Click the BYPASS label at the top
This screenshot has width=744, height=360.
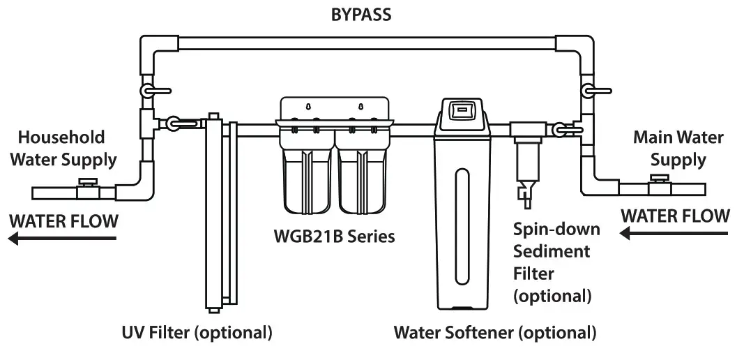360,14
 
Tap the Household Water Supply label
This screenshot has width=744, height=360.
67,148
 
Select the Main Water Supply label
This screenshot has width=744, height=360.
678,148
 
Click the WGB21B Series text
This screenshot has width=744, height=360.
333,237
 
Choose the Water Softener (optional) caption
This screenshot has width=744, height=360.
495,332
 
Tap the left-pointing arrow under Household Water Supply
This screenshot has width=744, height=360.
62,239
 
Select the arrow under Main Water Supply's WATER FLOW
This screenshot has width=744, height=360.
674,235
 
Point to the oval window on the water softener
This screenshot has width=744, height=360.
461,216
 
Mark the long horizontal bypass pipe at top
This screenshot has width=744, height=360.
370,43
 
